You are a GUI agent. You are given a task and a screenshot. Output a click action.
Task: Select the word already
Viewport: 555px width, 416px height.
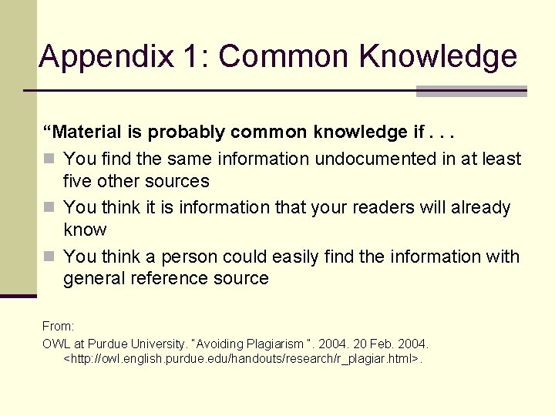pyautogui.click(x=479, y=207)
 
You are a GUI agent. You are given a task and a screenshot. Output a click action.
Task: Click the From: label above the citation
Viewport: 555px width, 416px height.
pyautogui.click(x=58, y=327)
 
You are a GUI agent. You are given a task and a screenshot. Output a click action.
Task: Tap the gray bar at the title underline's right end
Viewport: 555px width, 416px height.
pyautogui.click(x=471, y=91)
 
